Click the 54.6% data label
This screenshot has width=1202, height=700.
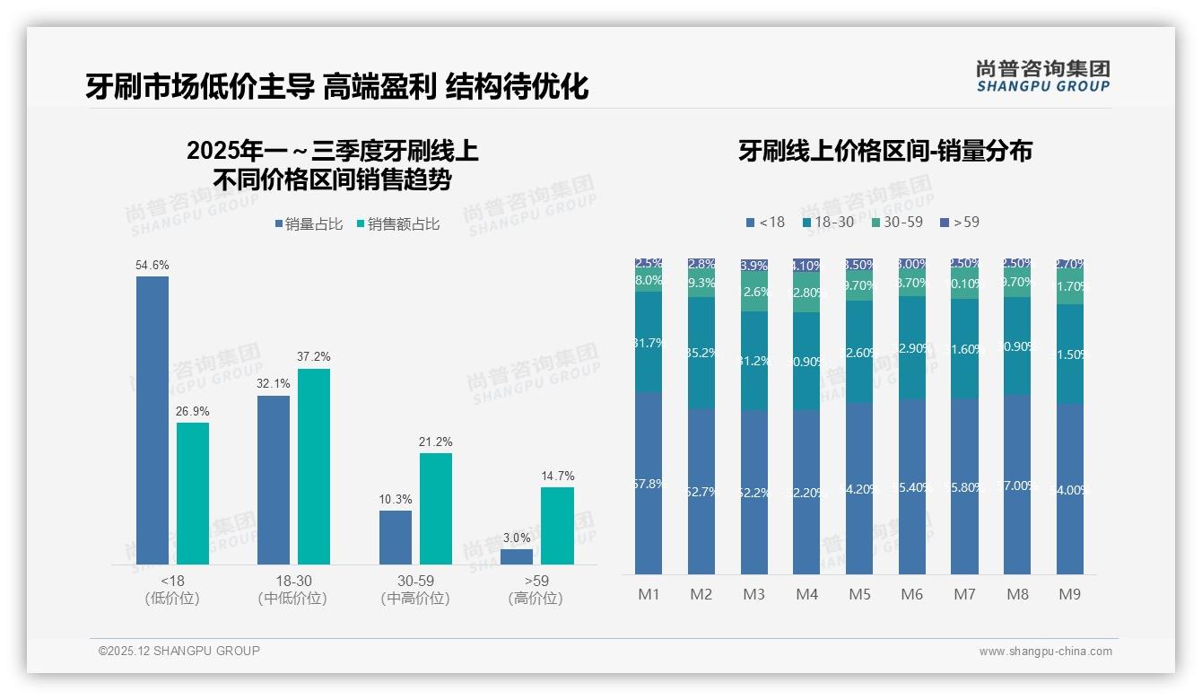(x=152, y=266)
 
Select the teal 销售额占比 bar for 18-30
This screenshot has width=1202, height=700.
(x=314, y=466)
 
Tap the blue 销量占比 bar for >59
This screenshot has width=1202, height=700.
(x=517, y=556)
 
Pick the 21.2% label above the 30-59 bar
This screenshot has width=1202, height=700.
(x=436, y=442)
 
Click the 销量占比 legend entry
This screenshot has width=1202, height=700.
(x=309, y=224)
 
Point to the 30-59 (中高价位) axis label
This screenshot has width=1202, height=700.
(x=414, y=590)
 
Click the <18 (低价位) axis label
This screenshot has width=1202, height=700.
(x=172, y=590)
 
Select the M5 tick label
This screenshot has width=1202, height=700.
(x=860, y=594)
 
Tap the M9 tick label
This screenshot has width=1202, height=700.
(x=1069, y=594)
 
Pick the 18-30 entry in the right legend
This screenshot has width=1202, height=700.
(x=829, y=222)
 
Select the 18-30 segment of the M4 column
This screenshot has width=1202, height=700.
(x=806, y=361)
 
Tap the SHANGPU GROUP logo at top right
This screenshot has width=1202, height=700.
(x=1043, y=76)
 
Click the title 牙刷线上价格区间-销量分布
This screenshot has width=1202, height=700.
(x=885, y=151)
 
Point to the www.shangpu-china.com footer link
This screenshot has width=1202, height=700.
(x=1045, y=652)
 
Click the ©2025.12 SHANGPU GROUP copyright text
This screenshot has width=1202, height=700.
(x=179, y=651)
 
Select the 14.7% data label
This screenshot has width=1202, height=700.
(x=557, y=476)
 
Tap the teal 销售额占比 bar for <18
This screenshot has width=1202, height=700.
(x=193, y=493)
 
